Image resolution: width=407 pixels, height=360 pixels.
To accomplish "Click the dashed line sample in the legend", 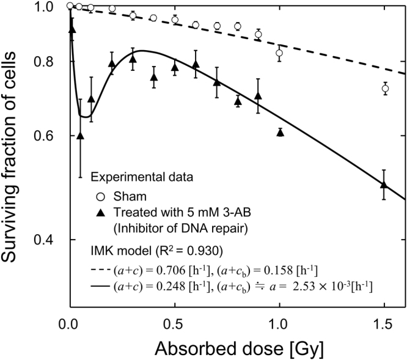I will (98, 268).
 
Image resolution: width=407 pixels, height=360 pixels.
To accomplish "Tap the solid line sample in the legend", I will (98, 285).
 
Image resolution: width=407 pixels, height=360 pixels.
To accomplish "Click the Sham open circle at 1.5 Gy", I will (384, 89).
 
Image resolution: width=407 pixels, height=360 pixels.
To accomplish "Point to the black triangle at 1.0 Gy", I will (280, 131).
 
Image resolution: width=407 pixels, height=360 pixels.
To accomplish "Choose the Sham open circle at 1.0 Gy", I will (279, 53).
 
